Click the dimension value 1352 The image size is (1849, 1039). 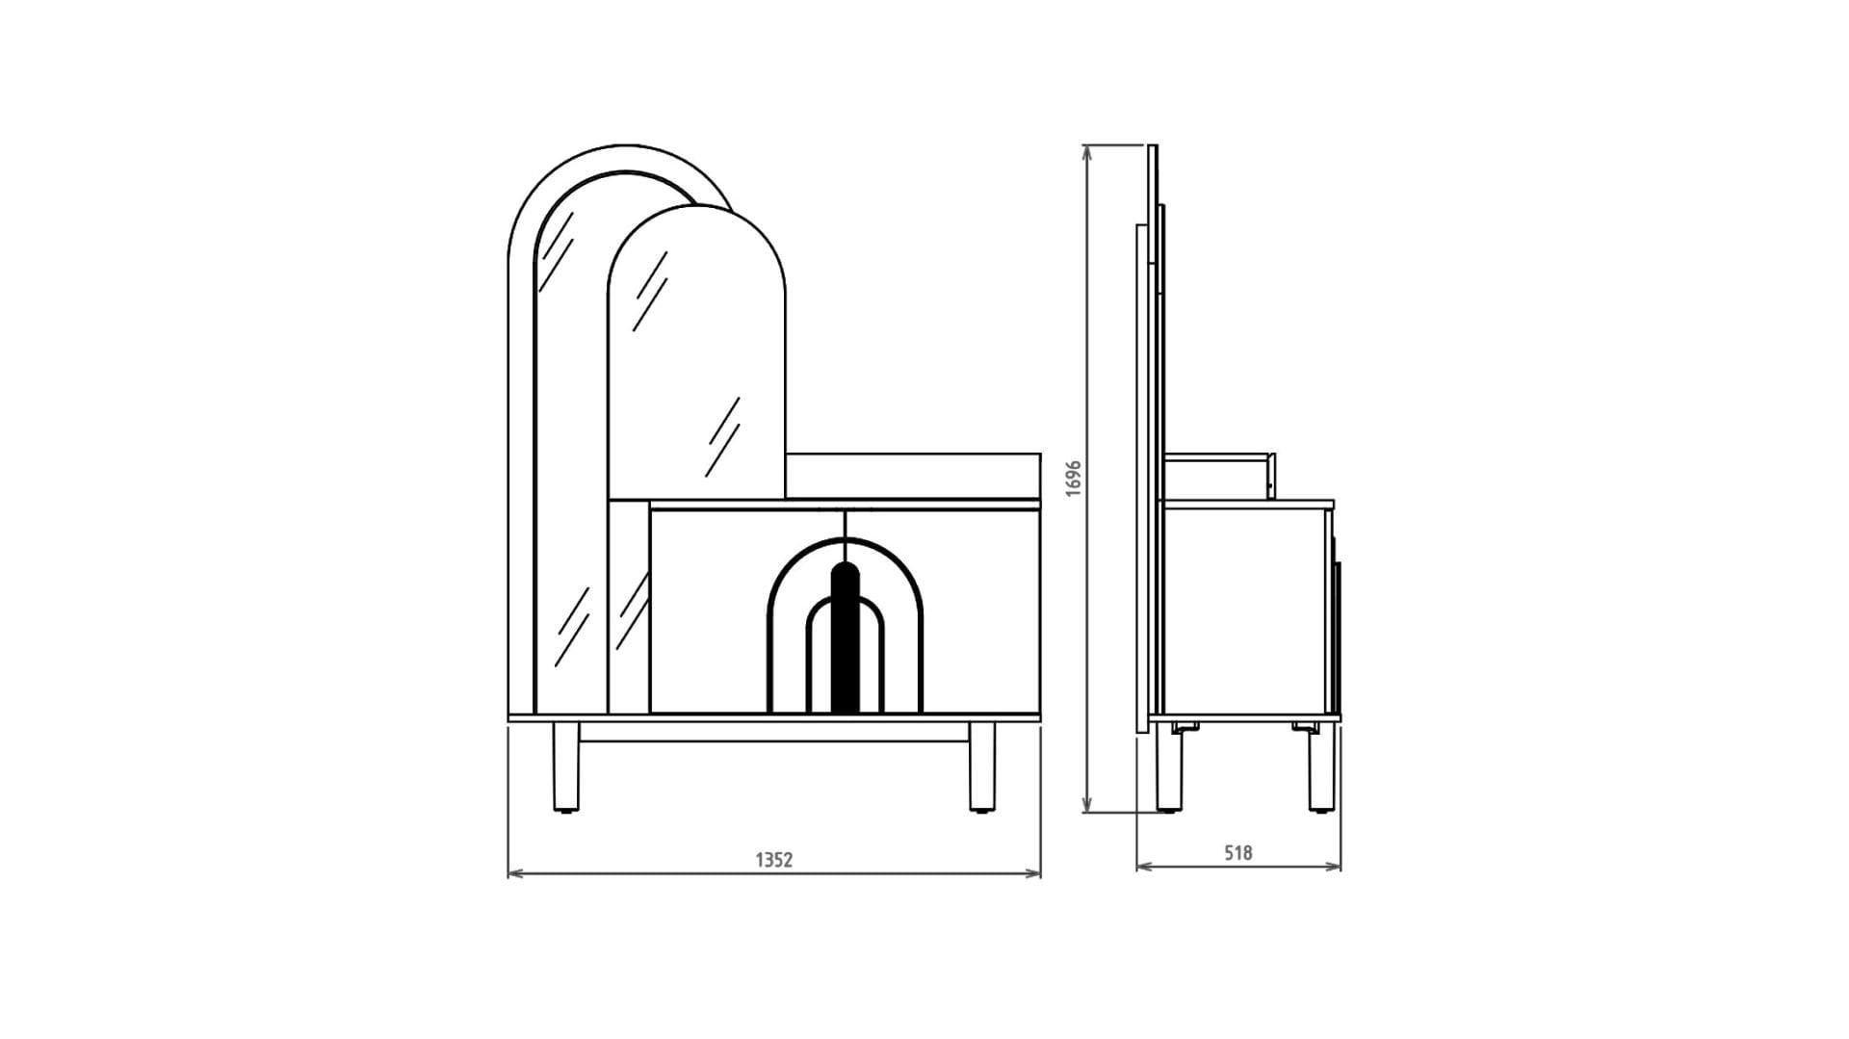773,860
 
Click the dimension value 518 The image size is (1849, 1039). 1238,852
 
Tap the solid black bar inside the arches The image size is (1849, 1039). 845,637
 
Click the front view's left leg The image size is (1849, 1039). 565,767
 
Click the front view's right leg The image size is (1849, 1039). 982,767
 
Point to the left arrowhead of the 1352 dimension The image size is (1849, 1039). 514,874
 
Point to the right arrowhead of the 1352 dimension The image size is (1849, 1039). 1034,874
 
